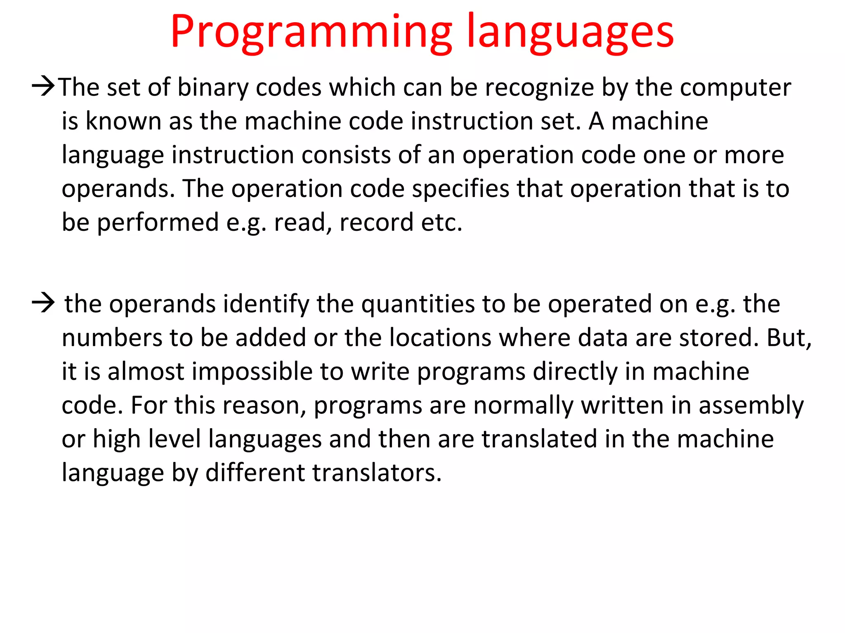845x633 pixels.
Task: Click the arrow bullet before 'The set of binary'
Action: (x=43, y=87)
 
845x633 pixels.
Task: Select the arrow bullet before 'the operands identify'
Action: (x=43, y=303)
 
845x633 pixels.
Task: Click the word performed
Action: (x=158, y=223)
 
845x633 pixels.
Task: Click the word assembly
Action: (x=751, y=406)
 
